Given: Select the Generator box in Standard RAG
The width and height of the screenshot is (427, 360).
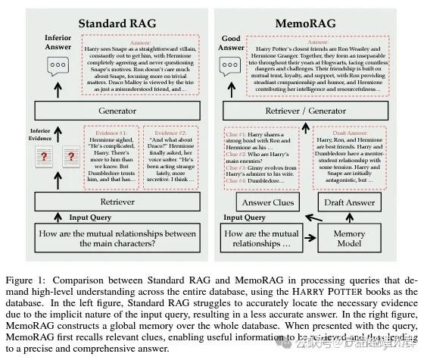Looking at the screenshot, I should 118,109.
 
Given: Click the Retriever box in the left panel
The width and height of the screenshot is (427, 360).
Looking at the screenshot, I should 118,202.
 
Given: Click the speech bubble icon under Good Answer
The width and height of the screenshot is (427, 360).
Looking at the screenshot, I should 231,67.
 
